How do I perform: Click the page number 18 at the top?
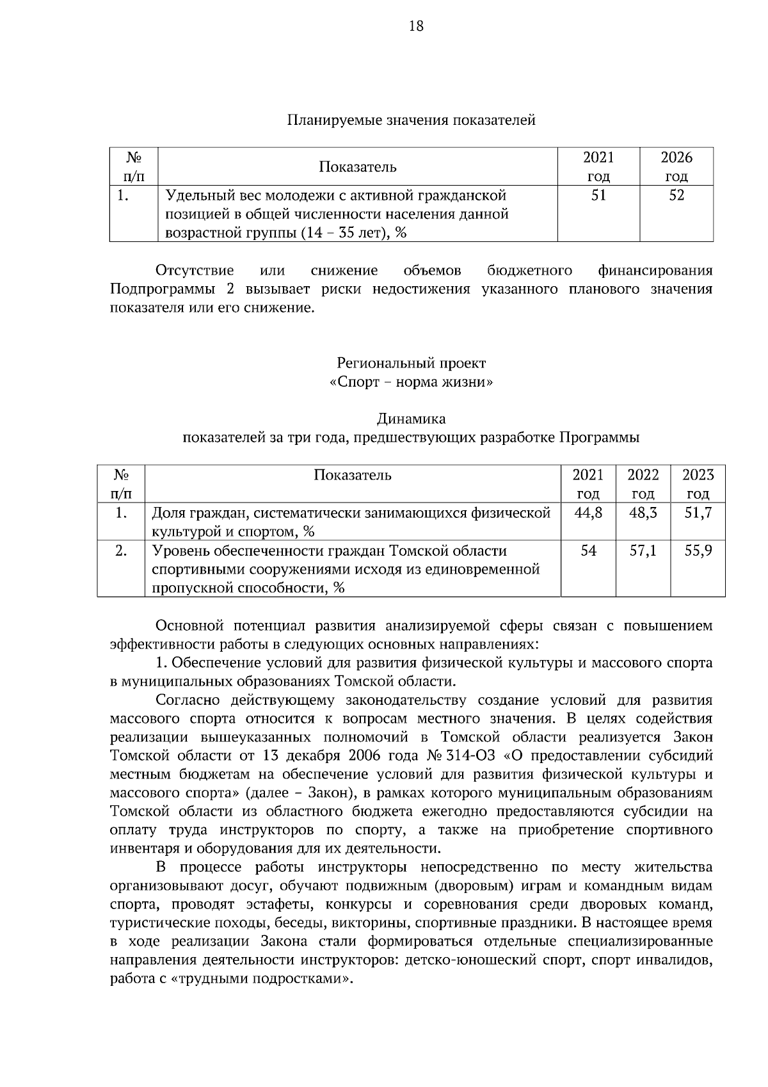tap(415, 26)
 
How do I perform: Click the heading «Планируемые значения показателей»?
tap(411, 120)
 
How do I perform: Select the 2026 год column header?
tap(676, 167)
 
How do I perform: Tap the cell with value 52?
tap(676, 196)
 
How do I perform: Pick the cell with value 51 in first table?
tap(598, 196)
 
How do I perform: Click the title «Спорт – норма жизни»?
tap(411, 382)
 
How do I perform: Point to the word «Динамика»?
tap(411, 419)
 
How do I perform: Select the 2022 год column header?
tap(643, 484)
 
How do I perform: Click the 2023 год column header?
tap(698, 484)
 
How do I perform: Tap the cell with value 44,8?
tap(588, 513)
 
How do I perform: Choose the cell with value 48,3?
tap(643, 513)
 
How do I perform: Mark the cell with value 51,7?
tap(698, 513)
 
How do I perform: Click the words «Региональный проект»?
tap(411, 364)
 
